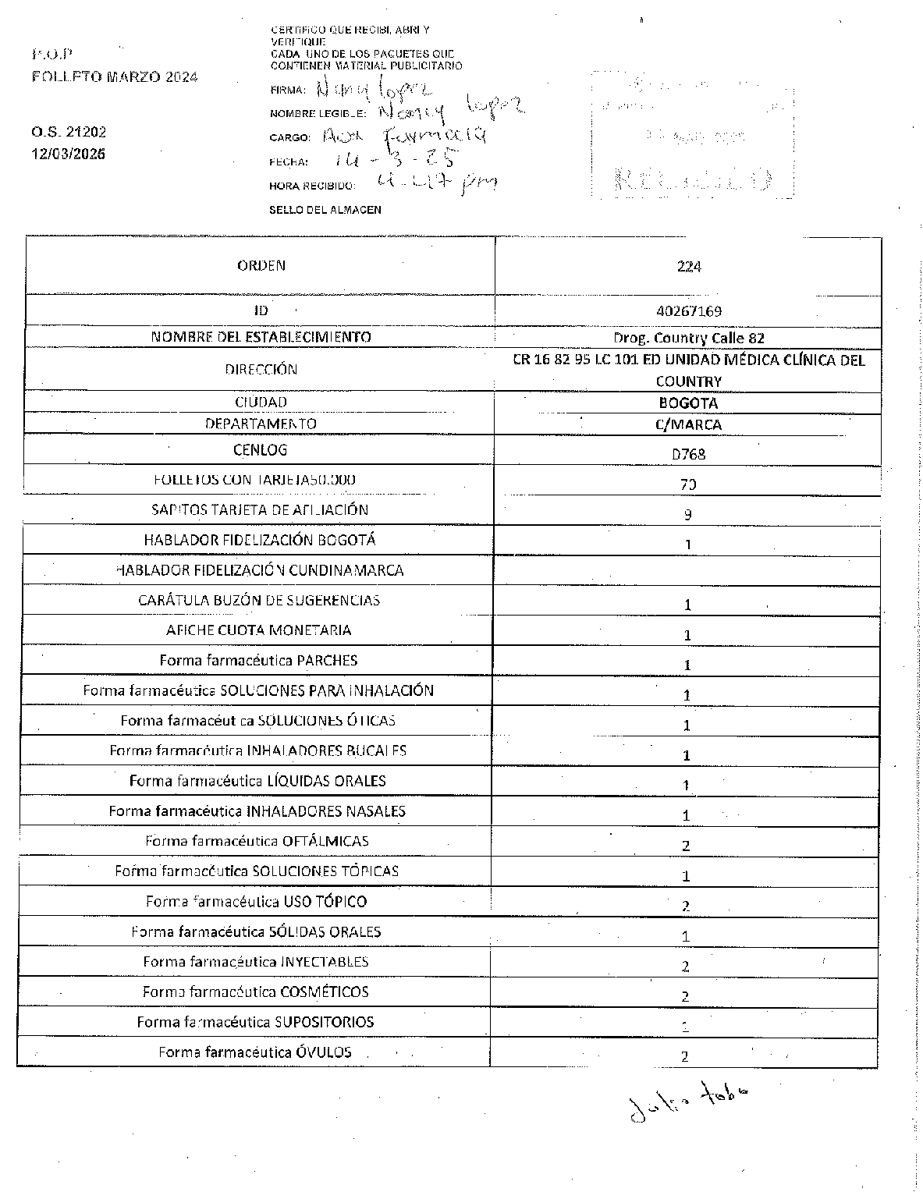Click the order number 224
(689, 267)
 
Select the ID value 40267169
(689, 311)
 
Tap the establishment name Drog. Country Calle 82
(689, 338)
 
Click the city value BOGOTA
(688, 403)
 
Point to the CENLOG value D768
(688, 453)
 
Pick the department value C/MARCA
(688, 425)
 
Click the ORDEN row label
(261, 265)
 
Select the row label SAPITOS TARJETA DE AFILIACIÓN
(260, 510)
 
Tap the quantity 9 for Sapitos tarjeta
(688, 515)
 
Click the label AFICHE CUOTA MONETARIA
(259, 630)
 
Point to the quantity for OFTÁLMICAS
(687, 846)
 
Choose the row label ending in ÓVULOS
(255, 1052)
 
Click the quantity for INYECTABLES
(686, 967)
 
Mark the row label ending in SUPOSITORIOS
(255, 1022)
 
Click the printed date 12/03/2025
(69, 154)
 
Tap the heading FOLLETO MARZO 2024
(115, 76)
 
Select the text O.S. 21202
(69, 132)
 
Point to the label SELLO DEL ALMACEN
(325, 210)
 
